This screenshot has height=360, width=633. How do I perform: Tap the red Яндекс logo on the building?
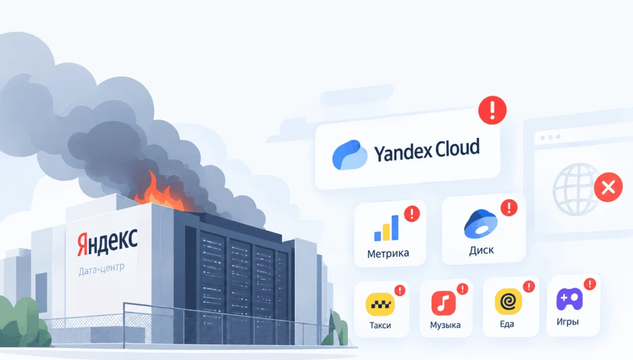tap(108, 242)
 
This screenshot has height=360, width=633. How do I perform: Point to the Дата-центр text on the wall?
tap(102, 269)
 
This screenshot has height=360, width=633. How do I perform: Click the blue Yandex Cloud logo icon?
tap(350, 155)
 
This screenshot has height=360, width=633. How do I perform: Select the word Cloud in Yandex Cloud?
tap(457, 148)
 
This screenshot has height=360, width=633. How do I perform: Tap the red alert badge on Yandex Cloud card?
tap(492, 110)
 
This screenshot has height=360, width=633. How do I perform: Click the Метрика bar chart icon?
tap(386, 228)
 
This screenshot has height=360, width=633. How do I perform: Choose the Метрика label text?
tap(388, 254)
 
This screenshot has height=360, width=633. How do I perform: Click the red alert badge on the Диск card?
tap(509, 208)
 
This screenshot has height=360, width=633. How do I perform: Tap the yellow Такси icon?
tap(380, 304)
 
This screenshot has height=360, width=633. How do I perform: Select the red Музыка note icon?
tap(443, 303)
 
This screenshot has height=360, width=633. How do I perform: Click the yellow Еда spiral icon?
tap(508, 301)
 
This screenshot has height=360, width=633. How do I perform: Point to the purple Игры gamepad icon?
tap(569, 299)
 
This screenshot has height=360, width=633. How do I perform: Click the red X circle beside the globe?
tap(608, 187)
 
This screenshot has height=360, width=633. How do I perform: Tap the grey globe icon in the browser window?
tap(576, 189)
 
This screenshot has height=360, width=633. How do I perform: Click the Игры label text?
tap(567, 322)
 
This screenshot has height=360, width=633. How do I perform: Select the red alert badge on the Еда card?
tap(529, 286)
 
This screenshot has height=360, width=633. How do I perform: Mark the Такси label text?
tap(380, 325)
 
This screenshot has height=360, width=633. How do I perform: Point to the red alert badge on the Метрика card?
tap(412, 213)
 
